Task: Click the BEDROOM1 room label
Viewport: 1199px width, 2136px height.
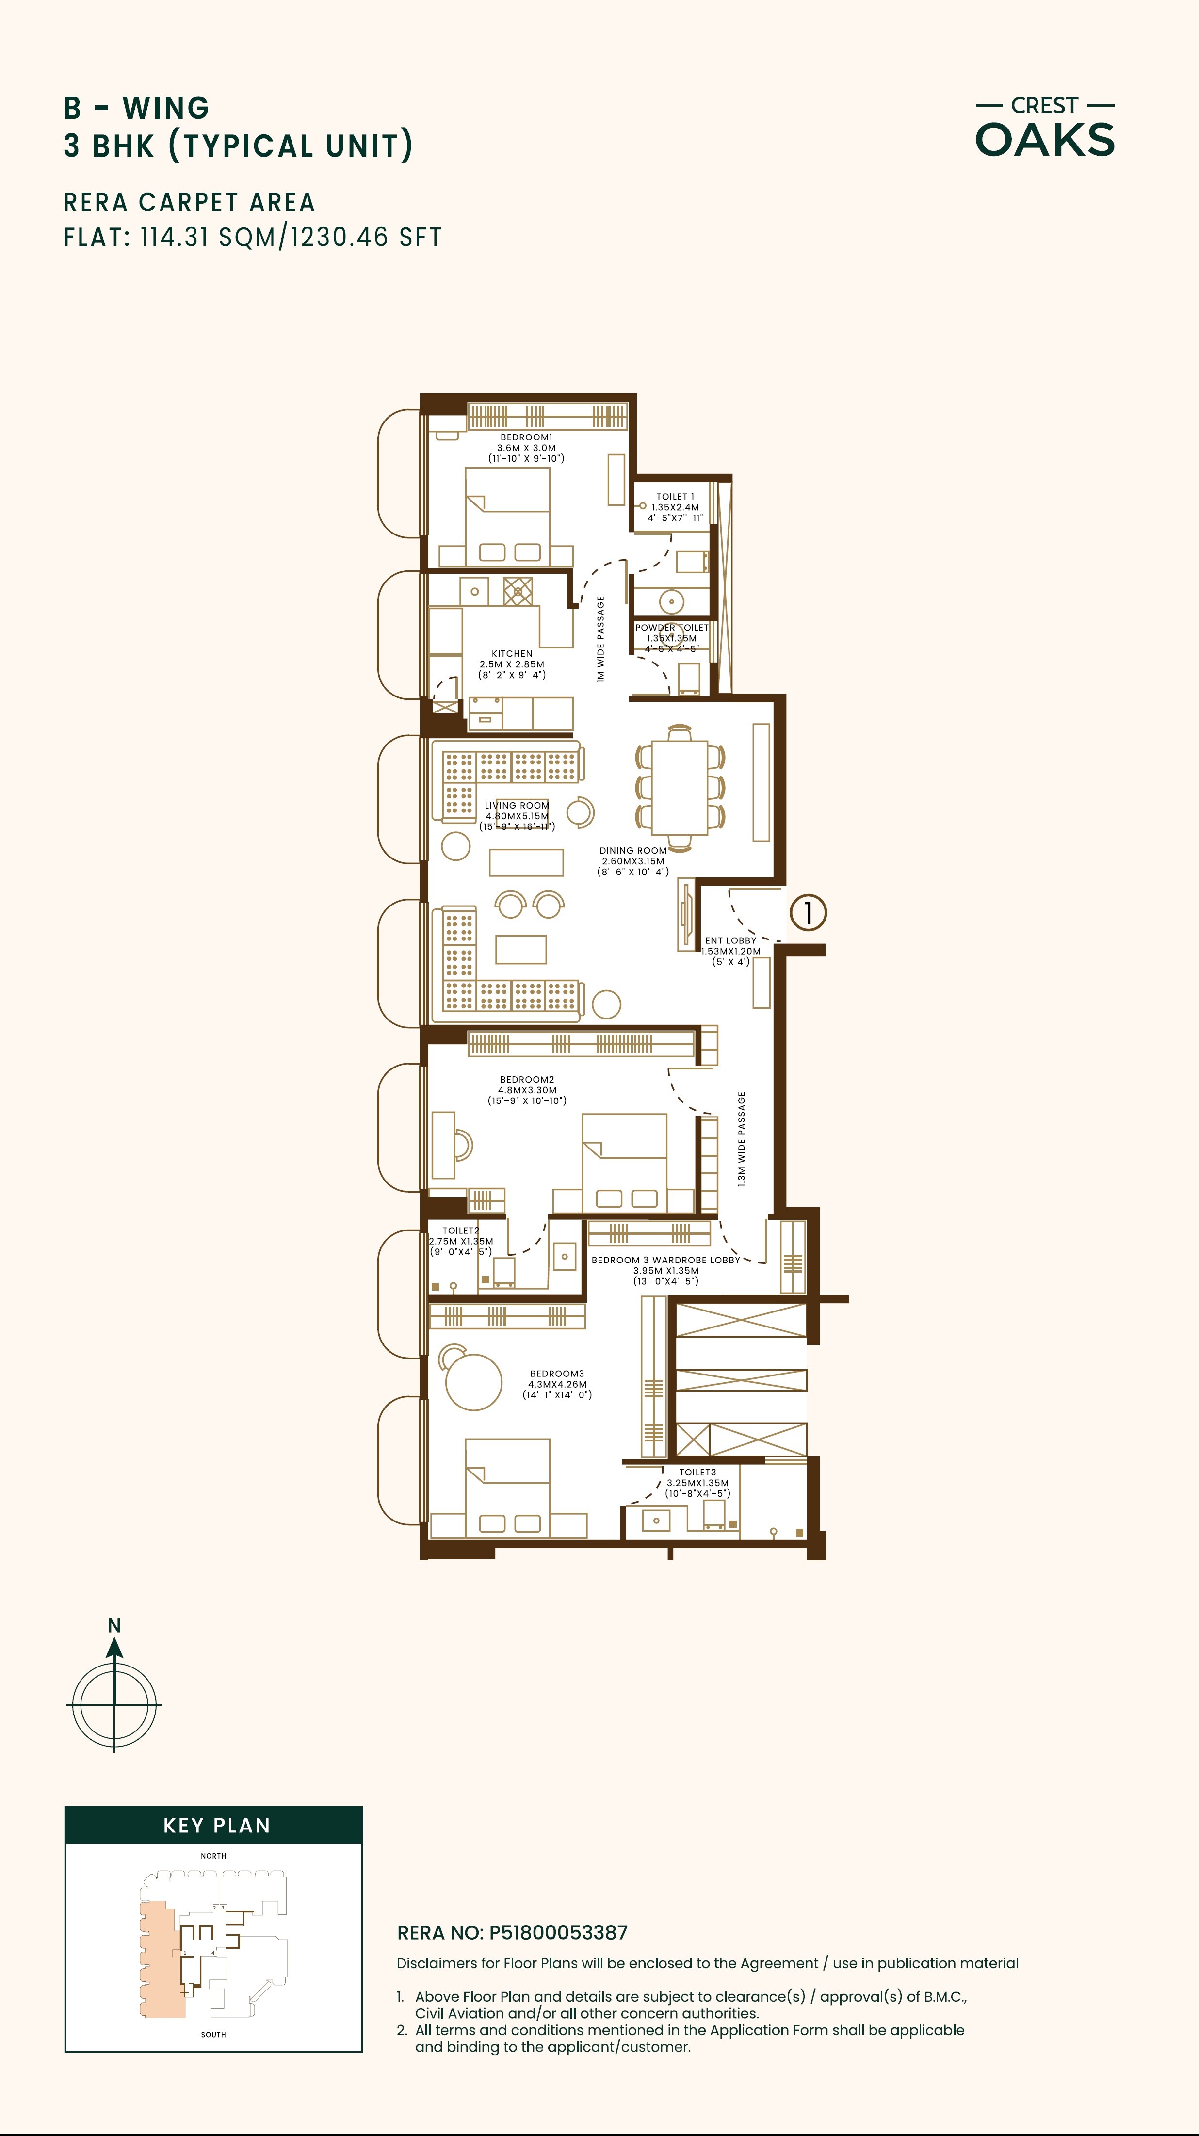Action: [526, 437]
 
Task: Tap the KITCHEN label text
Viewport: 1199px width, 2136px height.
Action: [512, 653]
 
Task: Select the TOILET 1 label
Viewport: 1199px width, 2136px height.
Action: [675, 497]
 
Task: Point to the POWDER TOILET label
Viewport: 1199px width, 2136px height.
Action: [672, 628]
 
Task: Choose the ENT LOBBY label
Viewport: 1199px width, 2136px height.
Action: [730, 940]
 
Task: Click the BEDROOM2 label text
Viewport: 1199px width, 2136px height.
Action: [527, 1080]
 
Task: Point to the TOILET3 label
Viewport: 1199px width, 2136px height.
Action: [697, 1472]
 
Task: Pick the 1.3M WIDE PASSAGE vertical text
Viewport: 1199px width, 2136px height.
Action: [741, 1138]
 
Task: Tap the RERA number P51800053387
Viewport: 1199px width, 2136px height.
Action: [558, 1933]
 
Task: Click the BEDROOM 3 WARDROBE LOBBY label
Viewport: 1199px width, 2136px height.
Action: [665, 1260]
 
